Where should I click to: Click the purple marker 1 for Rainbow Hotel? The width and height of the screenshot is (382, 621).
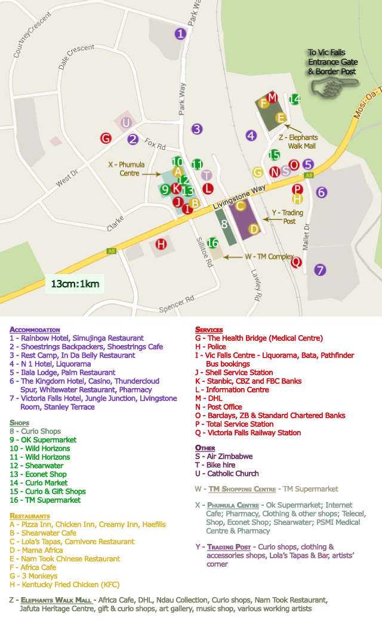coord(180,34)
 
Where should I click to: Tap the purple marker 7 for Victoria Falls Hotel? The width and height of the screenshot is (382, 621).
coord(321,270)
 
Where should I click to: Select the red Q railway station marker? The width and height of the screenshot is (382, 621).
coord(296,262)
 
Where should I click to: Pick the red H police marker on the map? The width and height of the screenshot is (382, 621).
coord(161,244)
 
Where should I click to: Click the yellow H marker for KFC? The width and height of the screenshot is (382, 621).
coord(298,199)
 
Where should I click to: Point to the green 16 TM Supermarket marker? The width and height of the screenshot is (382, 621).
coord(212,243)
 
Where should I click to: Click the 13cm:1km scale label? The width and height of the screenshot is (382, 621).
coord(75,284)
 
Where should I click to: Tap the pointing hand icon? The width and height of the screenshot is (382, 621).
coord(326,88)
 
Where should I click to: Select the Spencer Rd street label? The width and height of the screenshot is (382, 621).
coord(177,304)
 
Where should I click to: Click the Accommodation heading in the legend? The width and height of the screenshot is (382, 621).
coord(35,330)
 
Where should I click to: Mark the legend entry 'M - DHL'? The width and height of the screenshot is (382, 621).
coord(211,398)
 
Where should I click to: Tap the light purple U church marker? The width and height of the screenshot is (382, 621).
coord(126,123)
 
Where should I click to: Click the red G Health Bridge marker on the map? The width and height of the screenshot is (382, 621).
coord(106,139)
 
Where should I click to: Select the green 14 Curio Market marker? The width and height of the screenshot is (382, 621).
coord(294,99)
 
